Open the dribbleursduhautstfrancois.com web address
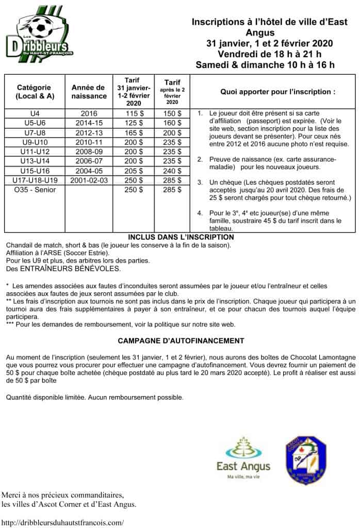coord(62,522)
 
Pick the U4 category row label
coord(35,113)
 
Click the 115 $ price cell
coord(134,113)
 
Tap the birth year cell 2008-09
coord(93,151)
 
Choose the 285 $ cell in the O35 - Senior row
coord(172,189)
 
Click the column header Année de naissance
coord(88,92)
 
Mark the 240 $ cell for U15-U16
coord(172,170)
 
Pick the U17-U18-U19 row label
coord(35,180)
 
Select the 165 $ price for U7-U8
coord(134,132)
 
